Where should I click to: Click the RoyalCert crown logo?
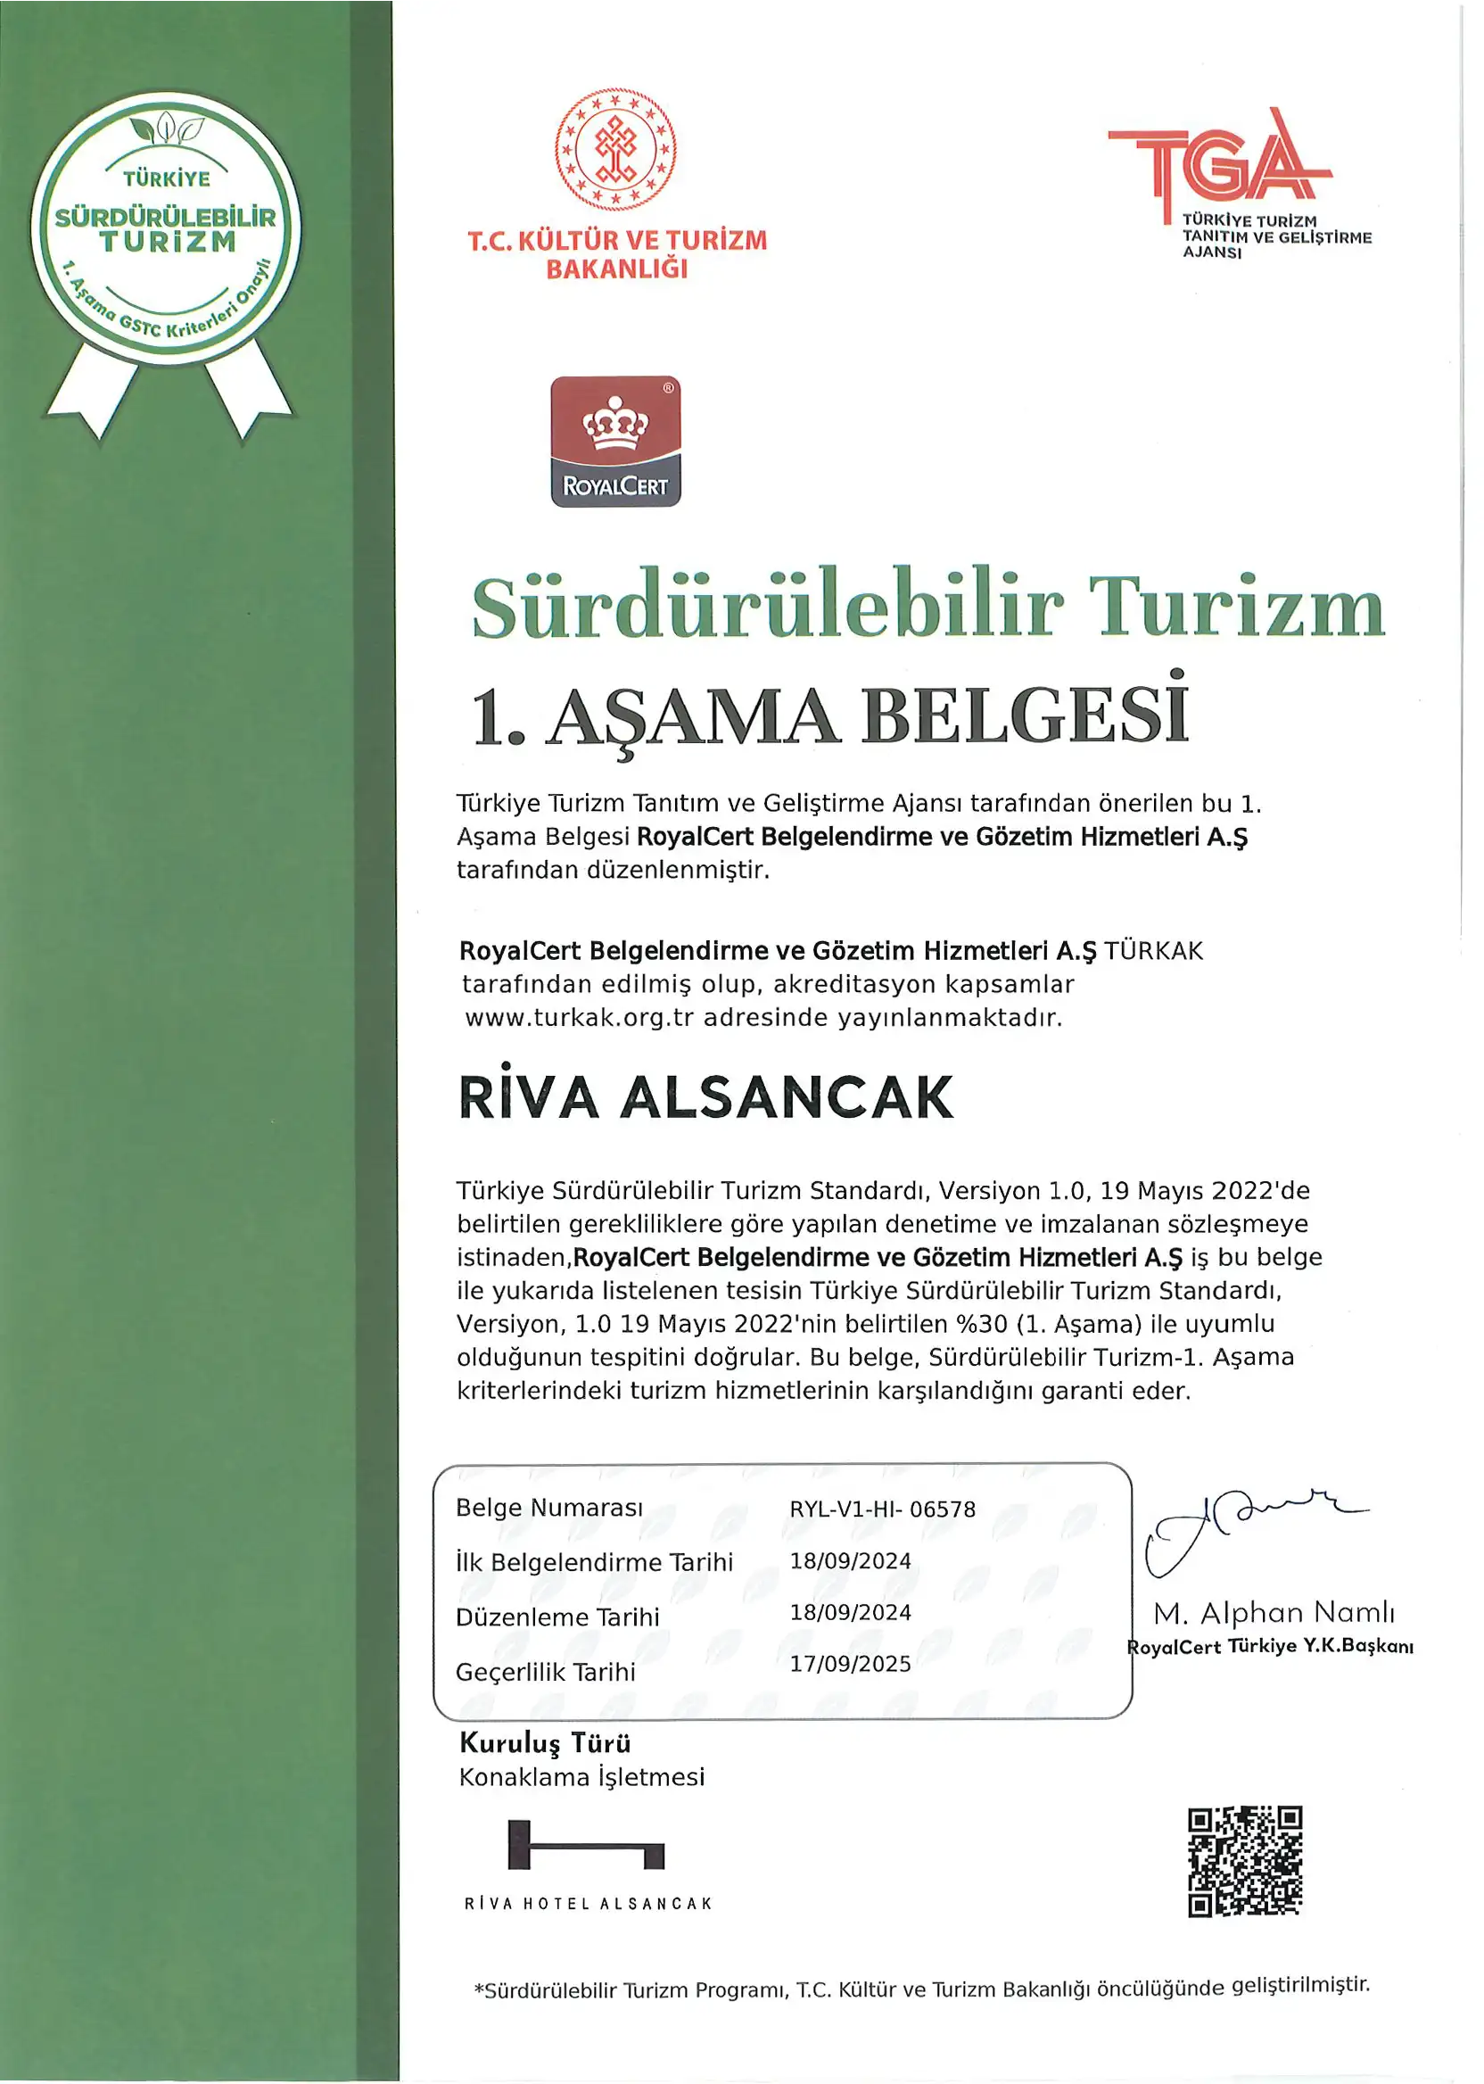615,441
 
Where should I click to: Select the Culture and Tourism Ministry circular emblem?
615,149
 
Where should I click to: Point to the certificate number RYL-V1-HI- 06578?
882,1509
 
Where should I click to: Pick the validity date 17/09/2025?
850,1664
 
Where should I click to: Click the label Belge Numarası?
549,1508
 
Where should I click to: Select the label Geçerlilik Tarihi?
546,1672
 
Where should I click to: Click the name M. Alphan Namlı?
1274,1612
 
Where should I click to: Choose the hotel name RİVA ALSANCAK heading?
705,1096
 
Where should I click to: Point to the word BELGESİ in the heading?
1025,715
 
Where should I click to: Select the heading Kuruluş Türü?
545,1743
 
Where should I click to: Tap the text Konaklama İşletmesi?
581,1777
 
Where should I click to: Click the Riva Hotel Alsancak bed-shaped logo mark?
586,1845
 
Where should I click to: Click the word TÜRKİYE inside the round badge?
166,179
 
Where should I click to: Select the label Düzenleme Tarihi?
557,1617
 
